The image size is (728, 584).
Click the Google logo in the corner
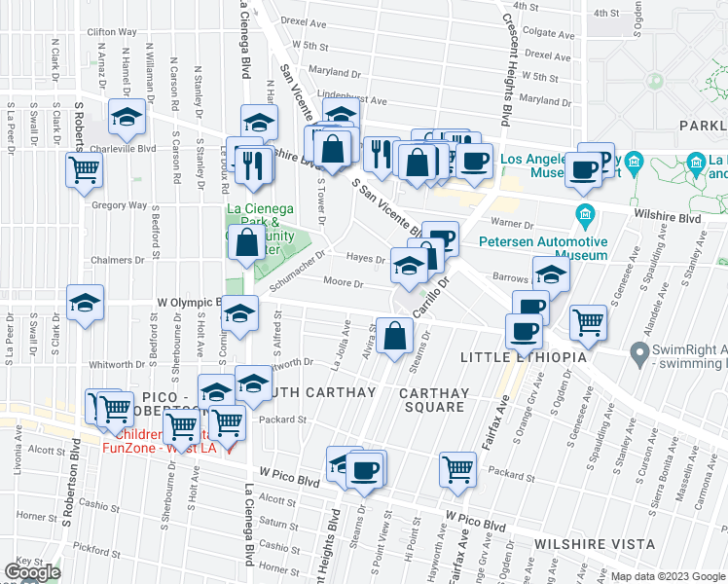32,572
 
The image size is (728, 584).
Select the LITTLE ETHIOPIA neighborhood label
531,358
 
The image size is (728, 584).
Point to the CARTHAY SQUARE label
434,400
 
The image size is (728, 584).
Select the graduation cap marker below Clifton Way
126,117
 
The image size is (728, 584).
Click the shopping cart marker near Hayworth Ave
456,469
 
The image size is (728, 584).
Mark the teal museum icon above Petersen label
585,213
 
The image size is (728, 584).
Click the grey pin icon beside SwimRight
639,351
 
